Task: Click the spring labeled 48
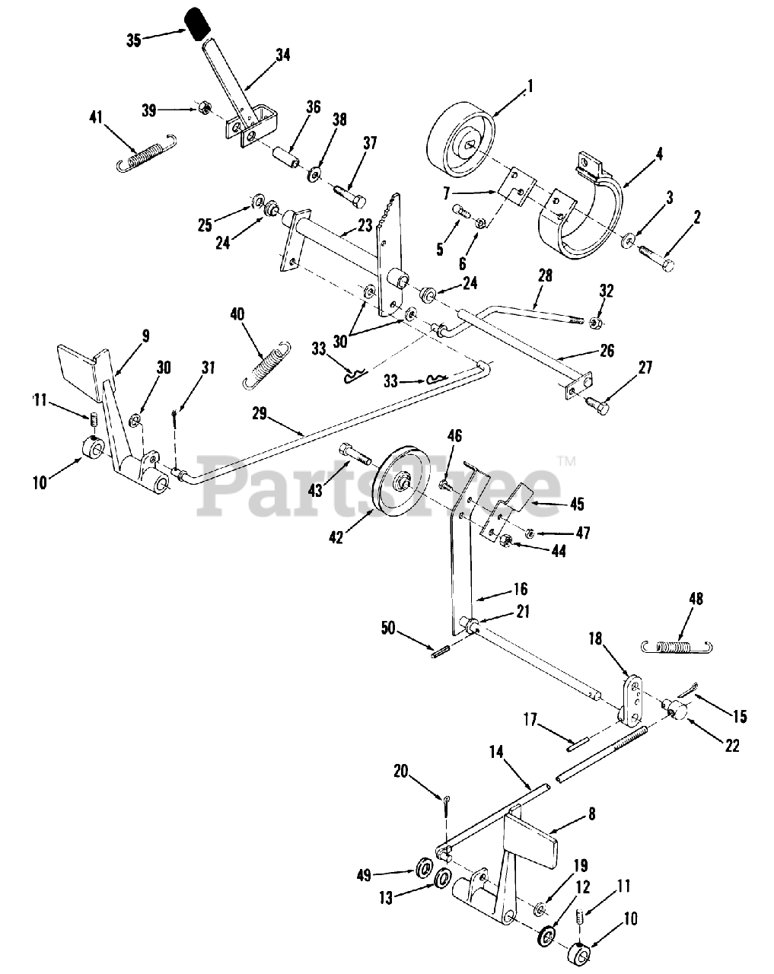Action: tap(677, 647)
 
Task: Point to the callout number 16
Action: tap(521, 589)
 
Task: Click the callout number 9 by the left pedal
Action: tap(145, 335)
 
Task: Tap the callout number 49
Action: tap(365, 875)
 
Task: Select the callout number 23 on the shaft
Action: tap(365, 226)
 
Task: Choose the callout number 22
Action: tap(731, 746)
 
